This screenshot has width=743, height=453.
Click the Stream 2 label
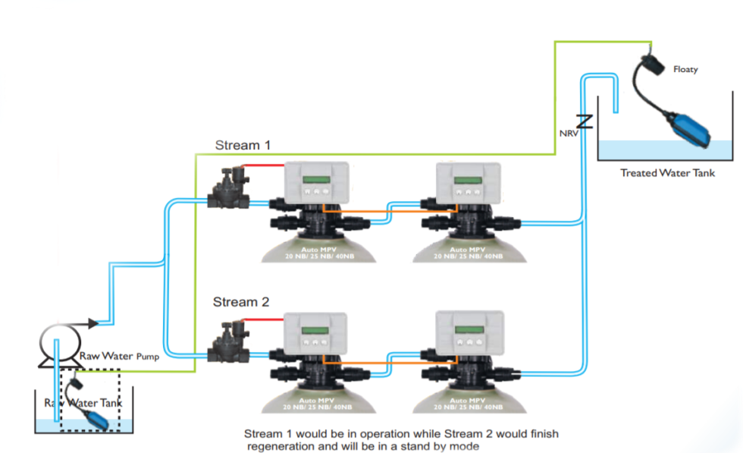[x=240, y=302]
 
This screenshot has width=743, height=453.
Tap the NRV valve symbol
[x=584, y=121]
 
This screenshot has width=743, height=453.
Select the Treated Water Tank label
[x=667, y=173]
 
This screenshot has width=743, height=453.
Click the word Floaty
[x=685, y=70]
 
